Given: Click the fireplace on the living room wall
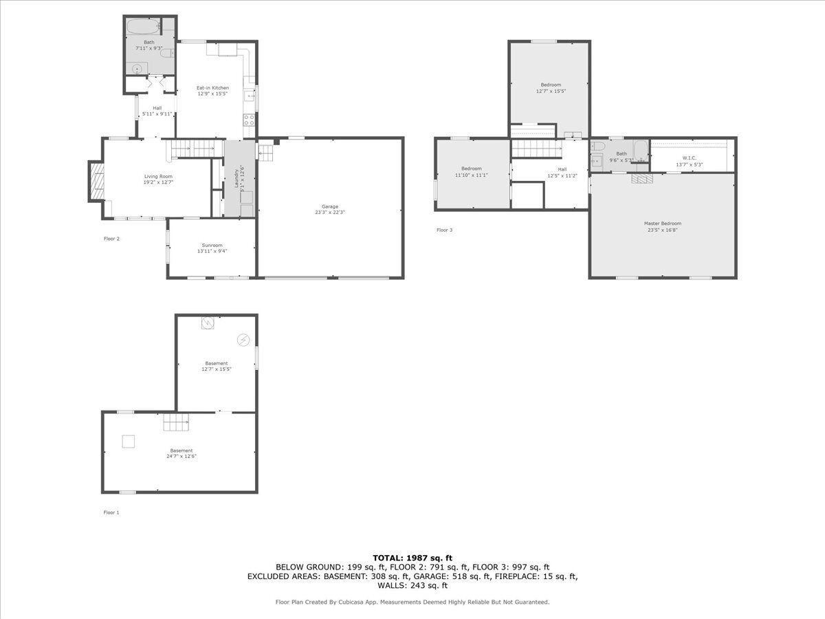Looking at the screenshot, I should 96,182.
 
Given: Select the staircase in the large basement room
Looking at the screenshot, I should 175,422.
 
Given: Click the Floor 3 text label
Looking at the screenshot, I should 444,230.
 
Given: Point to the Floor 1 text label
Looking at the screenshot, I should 111,512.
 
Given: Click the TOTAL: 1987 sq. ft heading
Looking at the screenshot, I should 412,558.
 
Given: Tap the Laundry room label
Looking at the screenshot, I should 236,177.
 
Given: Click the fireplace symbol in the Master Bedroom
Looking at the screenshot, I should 642,178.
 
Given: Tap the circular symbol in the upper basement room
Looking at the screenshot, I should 243,339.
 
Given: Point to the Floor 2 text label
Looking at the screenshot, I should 111,239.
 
